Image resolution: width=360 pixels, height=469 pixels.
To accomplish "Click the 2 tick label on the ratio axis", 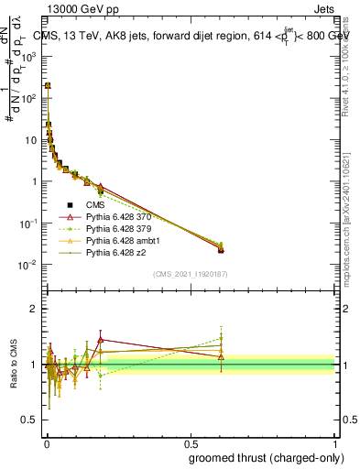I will [x=35, y=309].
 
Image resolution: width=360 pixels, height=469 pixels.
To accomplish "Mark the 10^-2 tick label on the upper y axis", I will [x=27, y=265].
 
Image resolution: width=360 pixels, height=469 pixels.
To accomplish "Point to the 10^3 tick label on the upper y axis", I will [x=27, y=55].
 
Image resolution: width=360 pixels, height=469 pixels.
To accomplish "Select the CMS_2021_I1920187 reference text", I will [x=190, y=274].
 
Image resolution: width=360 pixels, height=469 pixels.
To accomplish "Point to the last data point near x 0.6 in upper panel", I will [x=221, y=249].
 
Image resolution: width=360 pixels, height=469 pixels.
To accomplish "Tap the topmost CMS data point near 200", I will [x=48, y=85].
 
